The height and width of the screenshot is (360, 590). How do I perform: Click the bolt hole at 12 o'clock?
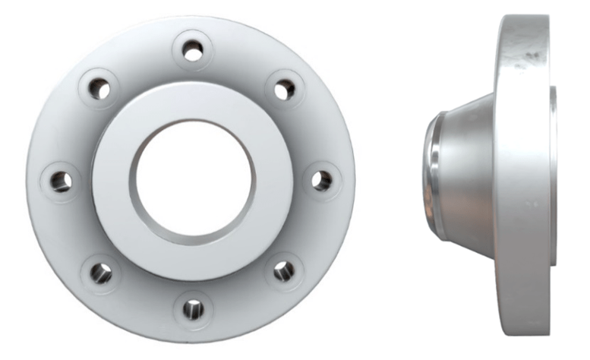193,52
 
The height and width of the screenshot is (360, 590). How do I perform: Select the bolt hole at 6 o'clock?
193,309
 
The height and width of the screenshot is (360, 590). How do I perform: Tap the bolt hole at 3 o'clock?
322,181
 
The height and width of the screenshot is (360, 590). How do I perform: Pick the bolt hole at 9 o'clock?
62,181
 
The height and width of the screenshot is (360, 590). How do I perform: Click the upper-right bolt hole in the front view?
285,90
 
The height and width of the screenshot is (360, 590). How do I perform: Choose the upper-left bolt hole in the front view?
99,89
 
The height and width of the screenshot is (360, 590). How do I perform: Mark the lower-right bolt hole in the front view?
284,270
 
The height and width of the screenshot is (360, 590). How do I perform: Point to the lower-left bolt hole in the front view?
101,272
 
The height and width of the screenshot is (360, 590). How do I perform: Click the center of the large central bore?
193,182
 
